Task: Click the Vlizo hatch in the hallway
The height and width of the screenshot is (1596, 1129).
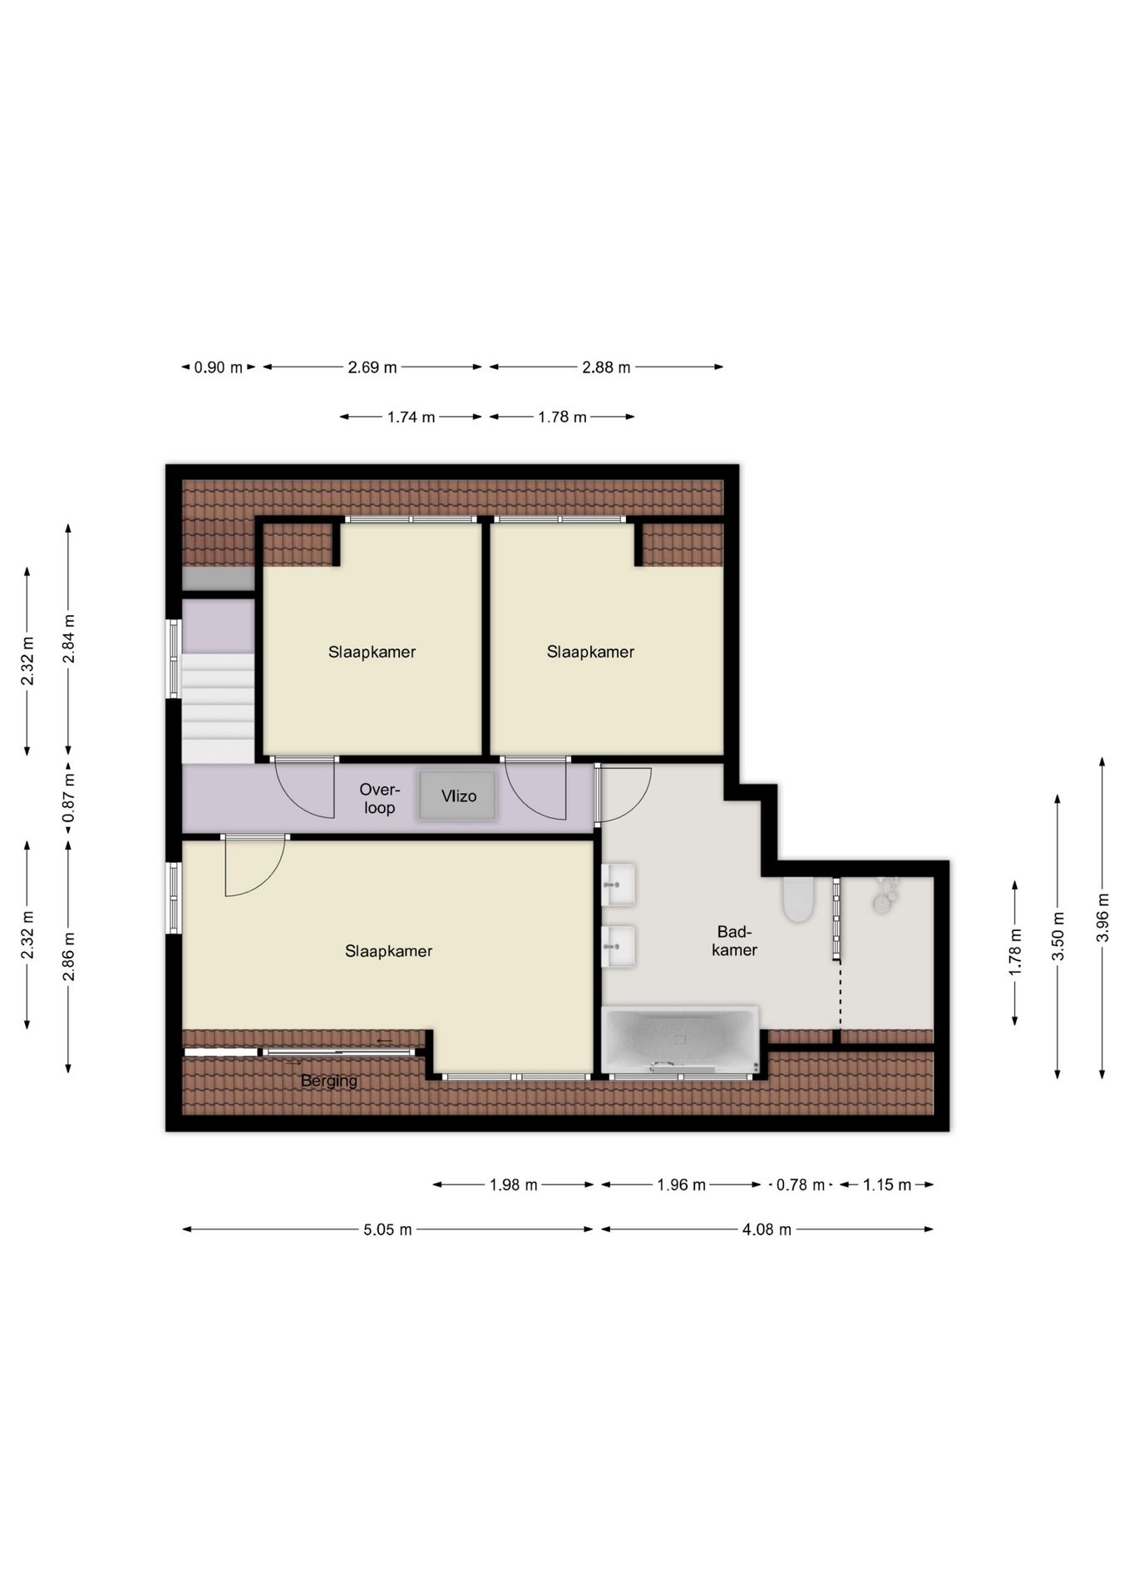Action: click(457, 796)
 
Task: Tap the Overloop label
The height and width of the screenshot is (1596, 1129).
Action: click(380, 798)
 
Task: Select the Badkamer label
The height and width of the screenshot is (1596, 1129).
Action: click(734, 941)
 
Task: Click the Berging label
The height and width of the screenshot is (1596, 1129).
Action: click(329, 1081)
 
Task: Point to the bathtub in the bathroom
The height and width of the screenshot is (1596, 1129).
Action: click(680, 1040)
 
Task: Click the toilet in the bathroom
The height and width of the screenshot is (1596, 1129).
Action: click(798, 899)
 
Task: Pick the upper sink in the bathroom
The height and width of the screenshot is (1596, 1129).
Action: click(619, 884)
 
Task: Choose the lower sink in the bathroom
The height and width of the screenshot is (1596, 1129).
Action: click(619, 947)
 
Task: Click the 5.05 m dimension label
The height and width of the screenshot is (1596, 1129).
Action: click(387, 1229)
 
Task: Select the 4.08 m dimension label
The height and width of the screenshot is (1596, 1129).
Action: click(767, 1229)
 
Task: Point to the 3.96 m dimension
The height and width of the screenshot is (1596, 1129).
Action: click(1103, 918)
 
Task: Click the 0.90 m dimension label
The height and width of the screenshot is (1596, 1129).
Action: click(219, 367)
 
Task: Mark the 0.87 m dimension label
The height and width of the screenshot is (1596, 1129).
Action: click(69, 798)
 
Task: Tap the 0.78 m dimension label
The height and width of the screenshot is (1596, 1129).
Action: click(801, 1185)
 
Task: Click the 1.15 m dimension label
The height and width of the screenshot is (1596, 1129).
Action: click(887, 1185)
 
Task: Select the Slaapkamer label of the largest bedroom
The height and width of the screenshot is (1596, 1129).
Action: click(388, 951)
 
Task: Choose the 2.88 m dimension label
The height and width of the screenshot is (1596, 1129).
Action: click(606, 367)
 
